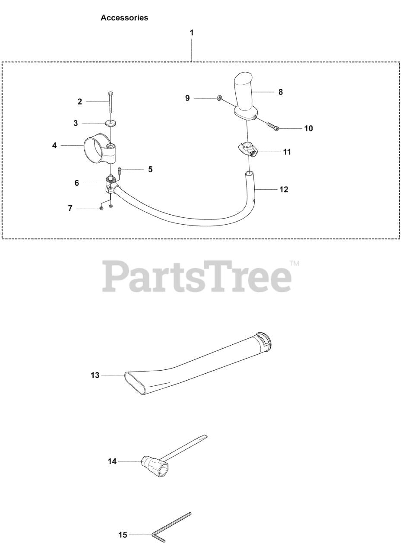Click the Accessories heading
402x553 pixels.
click(124, 18)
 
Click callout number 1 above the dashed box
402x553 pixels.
click(192, 33)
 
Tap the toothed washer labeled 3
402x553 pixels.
click(111, 124)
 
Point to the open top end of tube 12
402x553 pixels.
click(249, 173)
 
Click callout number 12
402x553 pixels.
click(284, 189)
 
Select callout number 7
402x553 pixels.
click(70, 208)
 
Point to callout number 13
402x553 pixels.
click(95, 375)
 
